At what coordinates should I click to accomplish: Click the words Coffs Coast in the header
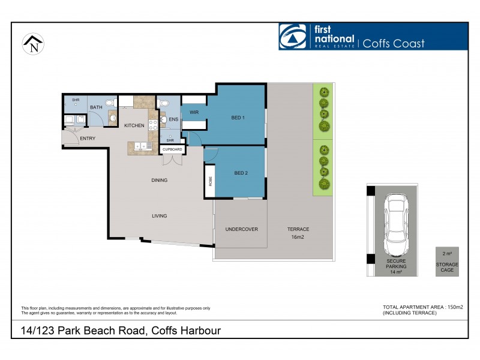click(393, 43)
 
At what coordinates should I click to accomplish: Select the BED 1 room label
click(238, 118)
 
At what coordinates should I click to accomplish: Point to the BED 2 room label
click(241, 173)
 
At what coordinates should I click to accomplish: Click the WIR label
click(194, 112)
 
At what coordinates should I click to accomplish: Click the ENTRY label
click(88, 139)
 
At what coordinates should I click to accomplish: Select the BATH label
click(96, 107)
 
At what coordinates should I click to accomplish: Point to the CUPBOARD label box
click(172, 149)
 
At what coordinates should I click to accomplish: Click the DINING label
click(159, 180)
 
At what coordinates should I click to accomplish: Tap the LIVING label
click(159, 216)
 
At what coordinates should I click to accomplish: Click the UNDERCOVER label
click(241, 229)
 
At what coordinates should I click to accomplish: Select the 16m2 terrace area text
click(298, 238)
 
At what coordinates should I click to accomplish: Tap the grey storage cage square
click(447, 262)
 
